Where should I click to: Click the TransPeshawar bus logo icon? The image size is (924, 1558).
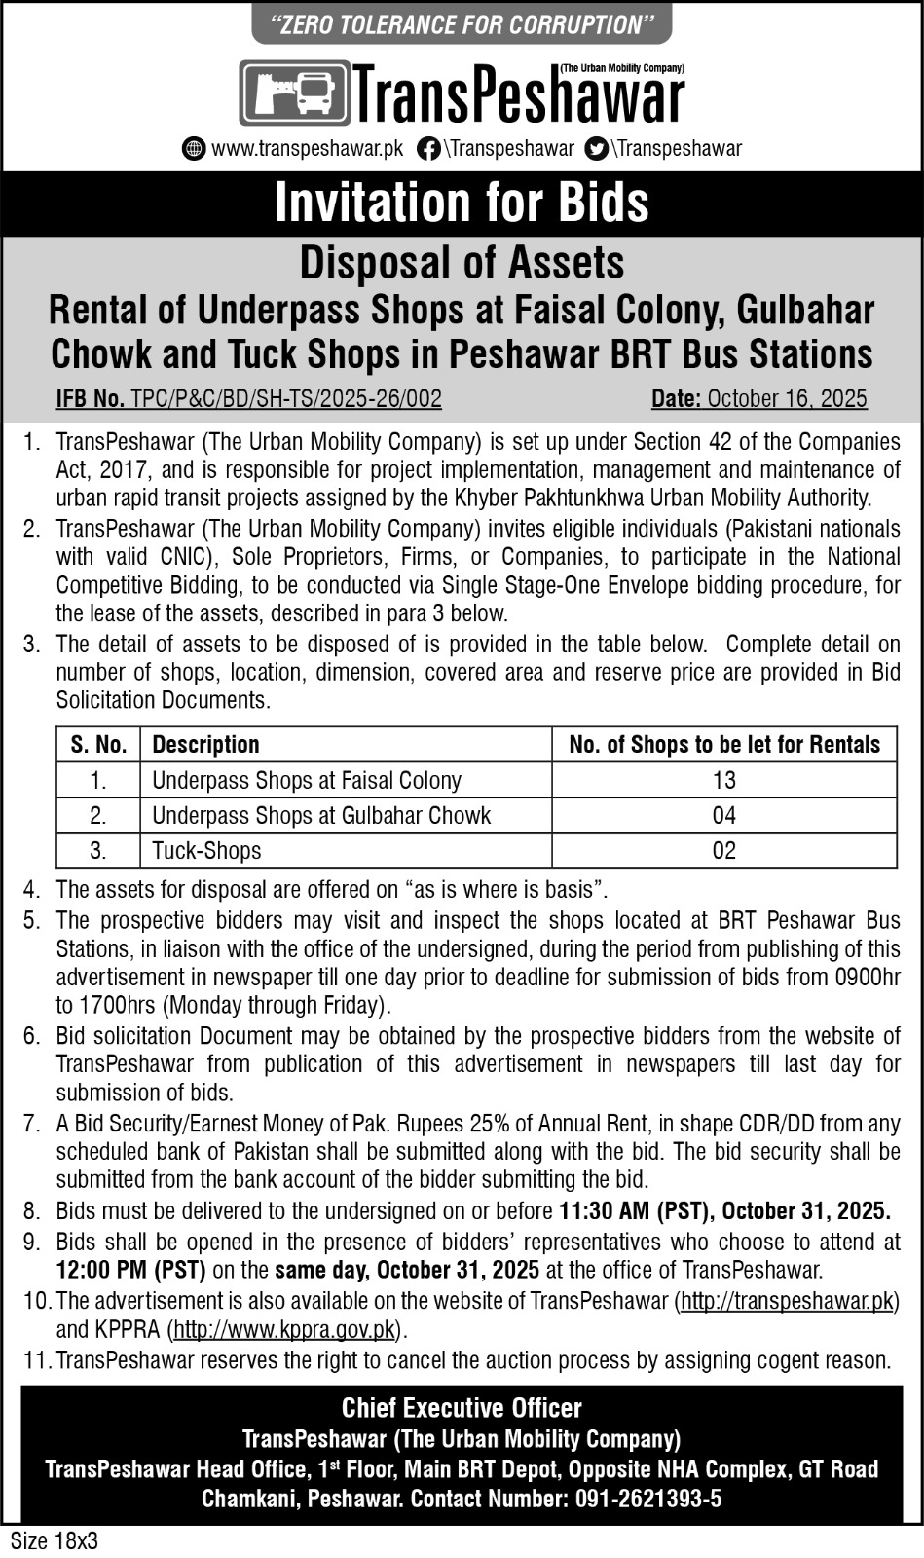(x=294, y=93)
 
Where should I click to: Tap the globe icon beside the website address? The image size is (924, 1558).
(x=194, y=149)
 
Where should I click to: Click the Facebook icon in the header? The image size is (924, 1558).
(x=427, y=149)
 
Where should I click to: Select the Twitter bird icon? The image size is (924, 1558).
(x=597, y=149)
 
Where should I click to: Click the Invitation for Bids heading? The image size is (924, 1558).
(x=462, y=203)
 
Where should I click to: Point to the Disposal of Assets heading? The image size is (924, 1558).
(x=462, y=263)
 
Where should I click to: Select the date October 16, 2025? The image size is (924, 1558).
(x=787, y=398)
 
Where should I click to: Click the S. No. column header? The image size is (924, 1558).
(x=98, y=745)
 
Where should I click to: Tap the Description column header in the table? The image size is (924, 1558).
(x=205, y=745)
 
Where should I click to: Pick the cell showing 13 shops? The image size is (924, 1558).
(x=723, y=780)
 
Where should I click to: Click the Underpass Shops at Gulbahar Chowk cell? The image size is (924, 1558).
(x=321, y=815)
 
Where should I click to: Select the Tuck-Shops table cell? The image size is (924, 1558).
(x=206, y=850)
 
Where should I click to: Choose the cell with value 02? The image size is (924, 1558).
(x=723, y=850)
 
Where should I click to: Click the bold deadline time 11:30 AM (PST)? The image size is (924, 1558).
(x=634, y=1211)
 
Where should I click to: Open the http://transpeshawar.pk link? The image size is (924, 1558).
(x=787, y=1301)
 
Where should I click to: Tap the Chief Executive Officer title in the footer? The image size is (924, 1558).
(x=462, y=1408)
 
